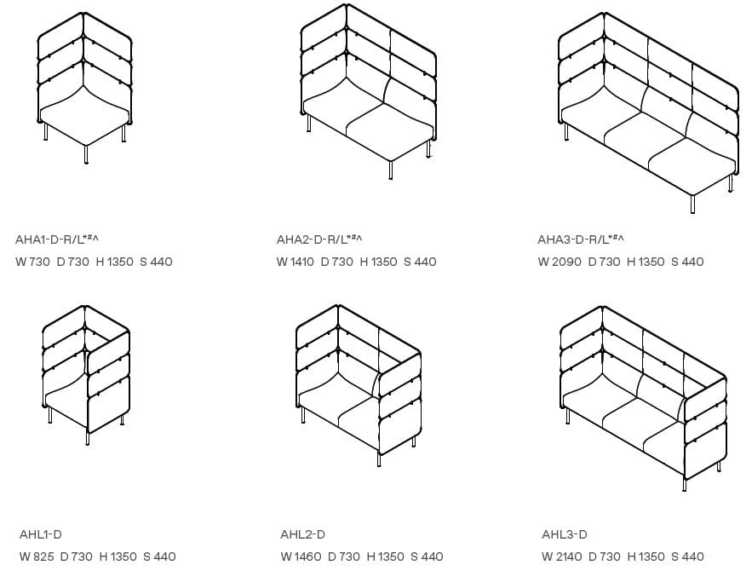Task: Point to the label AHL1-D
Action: coord(41,534)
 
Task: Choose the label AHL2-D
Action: coord(302,534)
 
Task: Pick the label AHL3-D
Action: coord(564,534)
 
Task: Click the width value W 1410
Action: coord(295,262)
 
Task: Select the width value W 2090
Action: coord(558,262)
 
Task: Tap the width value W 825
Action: coord(36,557)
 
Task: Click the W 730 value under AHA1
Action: coord(32,262)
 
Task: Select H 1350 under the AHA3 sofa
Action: coord(645,262)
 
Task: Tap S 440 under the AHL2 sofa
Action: coord(427,557)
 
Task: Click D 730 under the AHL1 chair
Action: coord(76,557)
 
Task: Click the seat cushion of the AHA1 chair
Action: coord(83,115)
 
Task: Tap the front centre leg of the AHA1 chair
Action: coord(86,153)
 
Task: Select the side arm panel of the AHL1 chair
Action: coord(108,384)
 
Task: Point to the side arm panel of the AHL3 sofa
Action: coord(705,426)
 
